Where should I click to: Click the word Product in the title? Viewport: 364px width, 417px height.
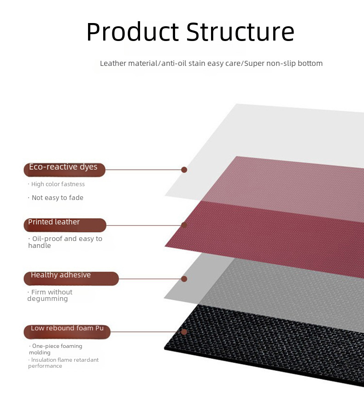[133, 32]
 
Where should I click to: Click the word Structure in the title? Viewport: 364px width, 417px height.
[241, 32]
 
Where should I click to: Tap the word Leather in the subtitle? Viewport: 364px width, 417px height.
[113, 63]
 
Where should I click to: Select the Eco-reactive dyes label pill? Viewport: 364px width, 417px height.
[65, 170]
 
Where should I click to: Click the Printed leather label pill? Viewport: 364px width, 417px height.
[65, 225]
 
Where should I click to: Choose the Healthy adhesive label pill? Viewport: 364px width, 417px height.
[71, 278]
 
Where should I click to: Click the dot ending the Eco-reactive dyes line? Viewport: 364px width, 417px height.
[184, 170]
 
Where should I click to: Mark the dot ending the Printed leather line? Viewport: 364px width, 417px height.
[184, 225]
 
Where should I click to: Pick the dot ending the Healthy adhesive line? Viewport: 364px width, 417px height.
[184, 279]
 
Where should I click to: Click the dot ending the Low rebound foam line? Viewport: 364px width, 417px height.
[184, 332]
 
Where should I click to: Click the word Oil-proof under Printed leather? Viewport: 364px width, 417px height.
[47, 239]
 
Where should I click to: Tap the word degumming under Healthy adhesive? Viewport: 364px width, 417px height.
[47, 299]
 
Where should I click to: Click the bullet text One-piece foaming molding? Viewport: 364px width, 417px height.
[55, 349]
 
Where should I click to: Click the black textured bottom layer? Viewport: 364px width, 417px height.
[266, 343]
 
